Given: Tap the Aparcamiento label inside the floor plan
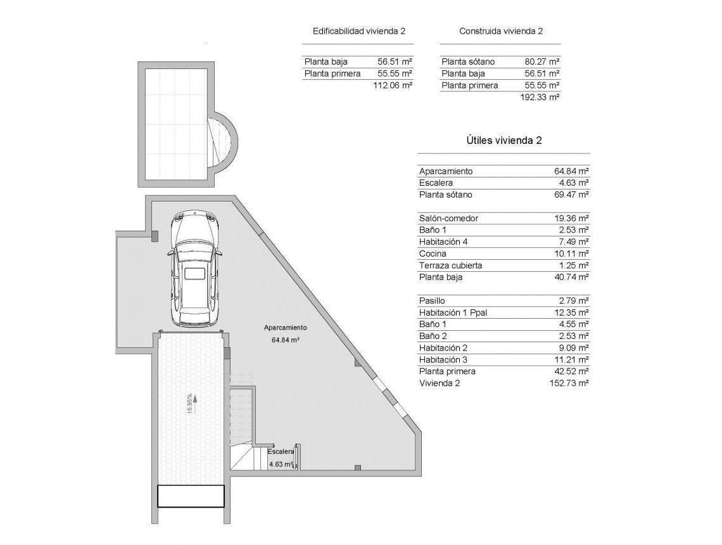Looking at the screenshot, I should click(x=285, y=328).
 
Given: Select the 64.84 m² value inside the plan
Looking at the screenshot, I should click(x=285, y=340).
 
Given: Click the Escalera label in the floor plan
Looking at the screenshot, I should click(x=281, y=452).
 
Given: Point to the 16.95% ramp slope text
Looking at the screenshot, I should click(x=190, y=403).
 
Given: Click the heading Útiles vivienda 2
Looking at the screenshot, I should click(x=503, y=141).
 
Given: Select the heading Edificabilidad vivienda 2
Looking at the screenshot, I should click(x=358, y=31).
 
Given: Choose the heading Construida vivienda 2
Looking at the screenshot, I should click(x=500, y=31).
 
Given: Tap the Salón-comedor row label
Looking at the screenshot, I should click(x=448, y=219).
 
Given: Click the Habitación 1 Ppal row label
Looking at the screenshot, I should click(x=453, y=313).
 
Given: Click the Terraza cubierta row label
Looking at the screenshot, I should click(x=450, y=266).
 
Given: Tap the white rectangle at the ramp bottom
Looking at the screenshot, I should click(x=191, y=496).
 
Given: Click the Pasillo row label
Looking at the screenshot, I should click(x=432, y=301).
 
